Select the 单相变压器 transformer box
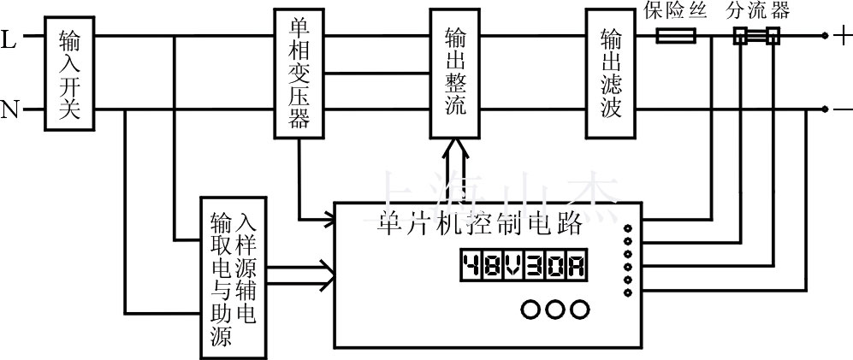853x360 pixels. (299, 74)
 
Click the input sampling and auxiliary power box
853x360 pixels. (233, 275)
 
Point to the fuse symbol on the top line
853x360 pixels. (676, 37)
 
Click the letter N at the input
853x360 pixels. (10, 110)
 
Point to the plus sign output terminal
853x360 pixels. (842, 37)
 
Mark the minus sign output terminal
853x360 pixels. (842, 110)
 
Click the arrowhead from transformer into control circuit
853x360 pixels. (328, 222)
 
